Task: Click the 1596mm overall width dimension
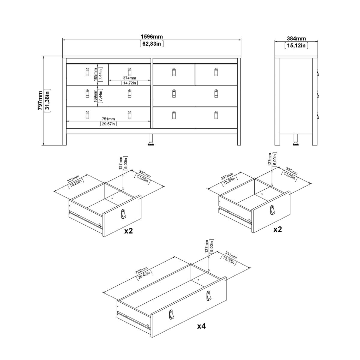[151, 37]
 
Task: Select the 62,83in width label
[151, 44]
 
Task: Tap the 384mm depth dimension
[296, 38]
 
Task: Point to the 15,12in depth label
[296, 46]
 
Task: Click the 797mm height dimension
[40, 100]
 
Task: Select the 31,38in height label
[47, 100]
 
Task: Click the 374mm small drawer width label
[129, 78]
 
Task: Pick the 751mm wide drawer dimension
[108, 119]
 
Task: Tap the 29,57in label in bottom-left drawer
[108, 124]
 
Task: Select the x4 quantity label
[201, 326]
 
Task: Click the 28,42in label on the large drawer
[145, 274]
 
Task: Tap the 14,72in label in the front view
[129, 83]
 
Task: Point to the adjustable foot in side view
[296, 140]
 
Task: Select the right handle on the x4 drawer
[208, 295]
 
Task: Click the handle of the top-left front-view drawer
[87, 72]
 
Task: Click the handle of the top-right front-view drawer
[216, 72]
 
